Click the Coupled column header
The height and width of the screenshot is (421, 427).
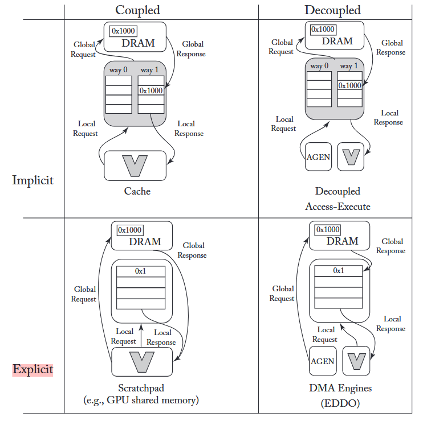[x=137, y=10]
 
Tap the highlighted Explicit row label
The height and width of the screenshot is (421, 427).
[x=33, y=369]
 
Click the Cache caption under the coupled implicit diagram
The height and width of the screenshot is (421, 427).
[x=137, y=191]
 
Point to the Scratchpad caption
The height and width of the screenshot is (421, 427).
[x=141, y=389]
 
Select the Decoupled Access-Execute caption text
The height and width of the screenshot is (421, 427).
[x=337, y=199]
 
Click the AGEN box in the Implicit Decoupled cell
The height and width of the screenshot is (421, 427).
[x=318, y=156]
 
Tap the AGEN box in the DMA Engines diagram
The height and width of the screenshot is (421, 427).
[x=323, y=361]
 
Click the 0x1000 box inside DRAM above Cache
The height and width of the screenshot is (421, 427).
[x=123, y=31]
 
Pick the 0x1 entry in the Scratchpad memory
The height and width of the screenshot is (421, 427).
[x=141, y=271]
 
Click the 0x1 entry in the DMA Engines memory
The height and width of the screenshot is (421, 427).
[x=339, y=270]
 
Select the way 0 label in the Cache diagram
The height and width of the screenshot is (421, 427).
[x=119, y=70]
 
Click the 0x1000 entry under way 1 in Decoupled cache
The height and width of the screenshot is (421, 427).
[x=349, y=85]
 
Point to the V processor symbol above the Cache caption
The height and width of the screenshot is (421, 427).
[x=135, y=164]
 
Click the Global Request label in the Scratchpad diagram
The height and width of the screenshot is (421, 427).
[x=84, y=294]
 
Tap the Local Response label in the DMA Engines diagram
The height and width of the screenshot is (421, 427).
[x=391, y=324]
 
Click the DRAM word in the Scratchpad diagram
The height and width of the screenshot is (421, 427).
[x=145, y=241]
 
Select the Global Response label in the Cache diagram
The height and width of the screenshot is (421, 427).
[x=190, y=49]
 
